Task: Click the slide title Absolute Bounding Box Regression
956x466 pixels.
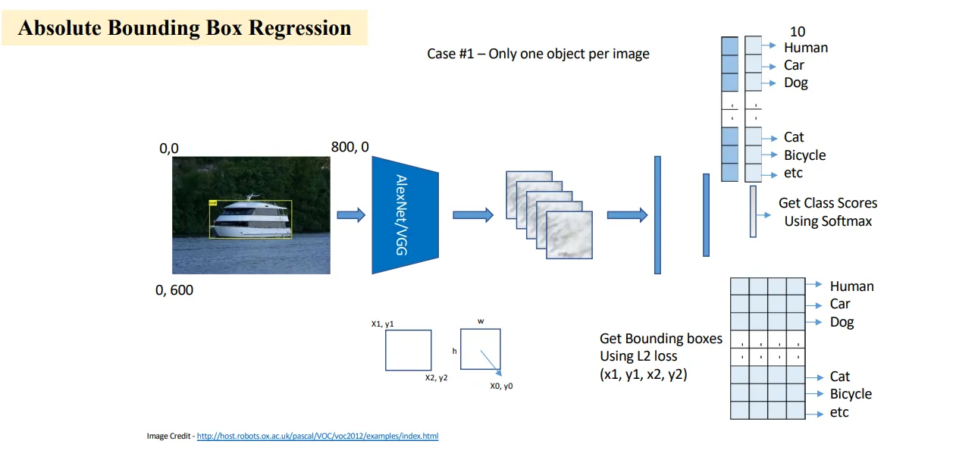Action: tap(184, 28)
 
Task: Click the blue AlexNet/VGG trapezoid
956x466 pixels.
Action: tap(405, 215)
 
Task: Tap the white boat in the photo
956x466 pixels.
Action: tap(252, 218)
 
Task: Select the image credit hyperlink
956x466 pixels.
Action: tap(318, 436)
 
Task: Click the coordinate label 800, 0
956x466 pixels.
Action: tap(350, 147)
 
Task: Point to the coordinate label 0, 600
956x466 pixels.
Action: tap(174, 290)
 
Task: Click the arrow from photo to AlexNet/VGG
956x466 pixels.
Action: tap(351, 214)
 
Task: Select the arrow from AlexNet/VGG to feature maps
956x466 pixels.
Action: tap(473, 214)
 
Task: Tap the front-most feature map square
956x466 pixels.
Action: tap(569, 235)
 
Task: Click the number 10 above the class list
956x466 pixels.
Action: tap(798, 32)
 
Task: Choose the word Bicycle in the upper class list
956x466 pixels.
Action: tap(804, 155)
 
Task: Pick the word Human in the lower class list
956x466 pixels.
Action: tap(851, 286)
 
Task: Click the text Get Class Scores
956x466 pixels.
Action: tap(828, 203)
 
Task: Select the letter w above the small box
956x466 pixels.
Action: tap(481, 321)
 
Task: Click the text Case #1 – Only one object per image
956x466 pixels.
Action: tap(538, 54)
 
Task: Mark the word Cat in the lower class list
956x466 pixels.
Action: tap(840, 377)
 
